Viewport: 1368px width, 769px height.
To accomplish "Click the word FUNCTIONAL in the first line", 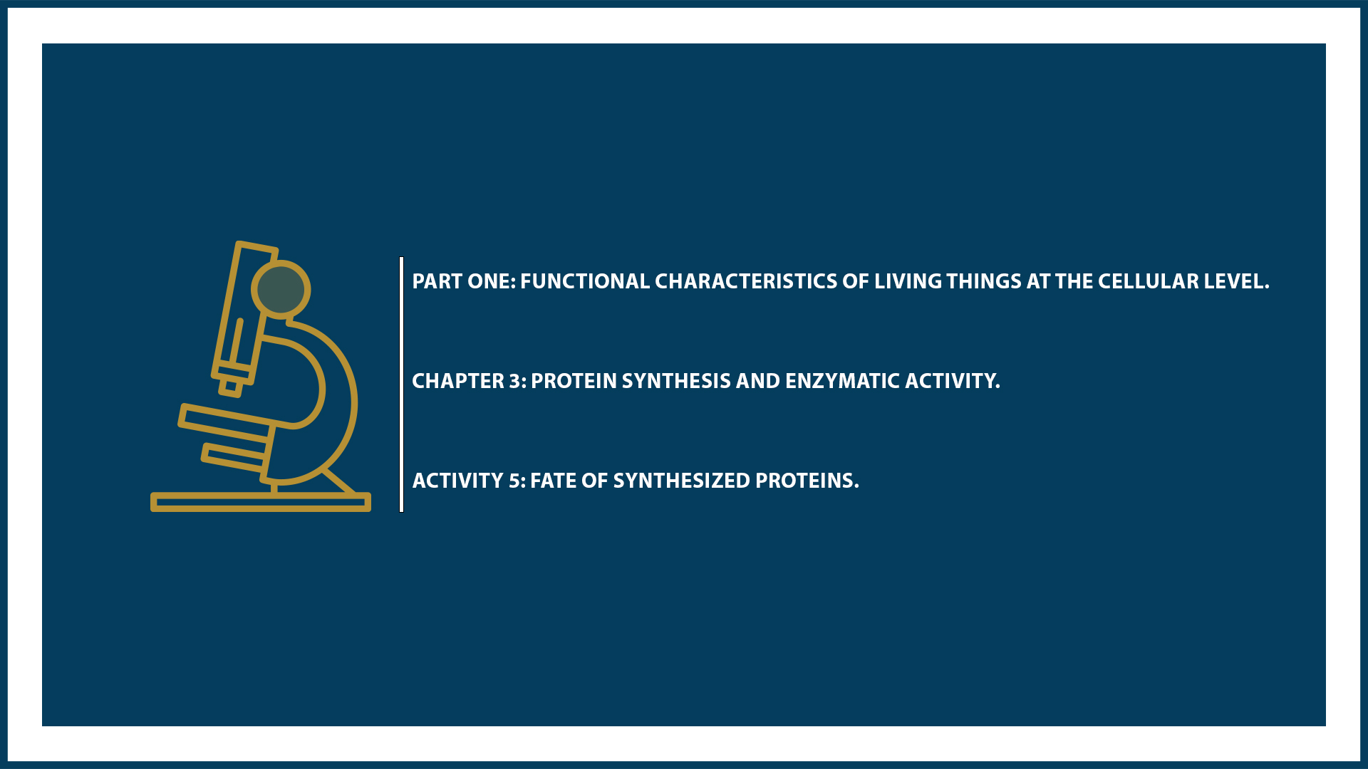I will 584,281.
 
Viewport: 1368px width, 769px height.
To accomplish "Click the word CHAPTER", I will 457,381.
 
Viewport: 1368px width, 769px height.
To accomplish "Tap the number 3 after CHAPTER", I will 515,381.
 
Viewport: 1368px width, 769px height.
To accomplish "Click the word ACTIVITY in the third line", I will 457,481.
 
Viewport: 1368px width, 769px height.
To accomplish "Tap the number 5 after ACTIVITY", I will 514,481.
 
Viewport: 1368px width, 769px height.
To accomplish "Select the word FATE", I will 552,481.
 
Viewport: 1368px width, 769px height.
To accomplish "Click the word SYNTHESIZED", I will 681,481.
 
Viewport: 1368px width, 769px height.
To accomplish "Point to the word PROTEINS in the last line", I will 805,481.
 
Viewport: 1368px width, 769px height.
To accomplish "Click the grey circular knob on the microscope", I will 281,290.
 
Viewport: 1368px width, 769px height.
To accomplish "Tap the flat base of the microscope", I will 260,503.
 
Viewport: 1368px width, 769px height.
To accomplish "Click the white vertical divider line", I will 402,384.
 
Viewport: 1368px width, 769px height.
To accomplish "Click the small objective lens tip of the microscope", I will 230,387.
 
